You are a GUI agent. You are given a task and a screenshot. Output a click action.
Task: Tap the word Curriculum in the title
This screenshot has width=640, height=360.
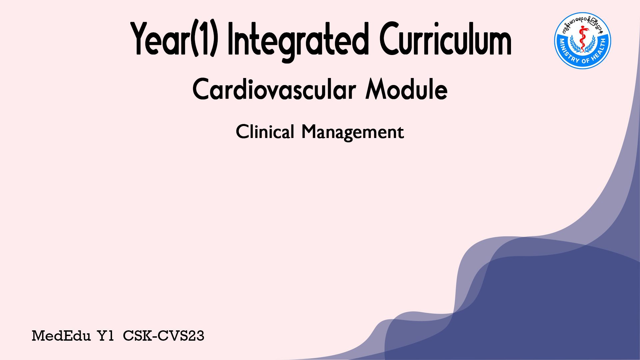pyautogui.click(x=445, y=38)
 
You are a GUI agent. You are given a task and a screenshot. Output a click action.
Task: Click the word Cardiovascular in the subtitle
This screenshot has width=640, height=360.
pyautogui.click(x=274, y=89)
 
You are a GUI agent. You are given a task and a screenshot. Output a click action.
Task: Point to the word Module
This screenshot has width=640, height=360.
pyautogui.click(x=406, y=89)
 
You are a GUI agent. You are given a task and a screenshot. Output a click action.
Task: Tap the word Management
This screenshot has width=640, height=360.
pyautogui.click(x=353, y=132)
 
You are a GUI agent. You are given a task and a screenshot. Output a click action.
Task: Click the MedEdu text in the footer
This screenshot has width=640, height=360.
pyautogui.click(x=61, y=336)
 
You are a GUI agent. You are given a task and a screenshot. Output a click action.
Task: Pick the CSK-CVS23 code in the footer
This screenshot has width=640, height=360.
pyautogui.click(x=163, y=336)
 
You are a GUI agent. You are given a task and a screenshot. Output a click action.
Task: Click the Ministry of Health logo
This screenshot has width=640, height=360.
pyautogui.click(x=583, y=41)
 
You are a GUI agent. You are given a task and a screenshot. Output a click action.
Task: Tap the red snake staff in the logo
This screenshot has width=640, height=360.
pyautogui.click(x=583, y=39)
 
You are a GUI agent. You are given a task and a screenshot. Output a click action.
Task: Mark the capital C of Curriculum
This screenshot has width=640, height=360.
pyautogui.click(x=389, y=38)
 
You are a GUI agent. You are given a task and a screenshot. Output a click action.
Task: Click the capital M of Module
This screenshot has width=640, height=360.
pyautogui.click(x=376, y=89)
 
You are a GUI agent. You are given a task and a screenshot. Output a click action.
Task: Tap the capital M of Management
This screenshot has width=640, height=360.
pyautogui.click(x=309, y=131)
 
